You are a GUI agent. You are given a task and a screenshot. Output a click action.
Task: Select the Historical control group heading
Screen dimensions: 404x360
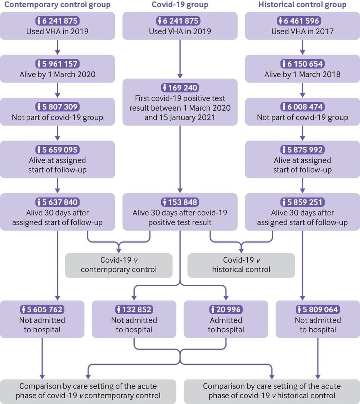pos(302,5)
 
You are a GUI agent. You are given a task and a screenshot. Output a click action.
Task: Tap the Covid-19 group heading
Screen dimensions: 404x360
pos(180,5)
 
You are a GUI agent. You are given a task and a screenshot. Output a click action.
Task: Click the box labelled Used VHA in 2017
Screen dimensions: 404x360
pos(302,26)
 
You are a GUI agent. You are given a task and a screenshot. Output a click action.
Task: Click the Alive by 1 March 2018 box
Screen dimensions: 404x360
pos(302,69)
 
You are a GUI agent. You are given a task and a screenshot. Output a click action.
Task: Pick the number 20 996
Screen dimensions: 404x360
pos(229,309)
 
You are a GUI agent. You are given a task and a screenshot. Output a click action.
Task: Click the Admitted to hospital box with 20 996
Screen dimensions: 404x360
pos(226,319)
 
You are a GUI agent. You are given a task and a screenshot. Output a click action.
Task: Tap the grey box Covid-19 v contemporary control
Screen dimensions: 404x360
pos(118,265)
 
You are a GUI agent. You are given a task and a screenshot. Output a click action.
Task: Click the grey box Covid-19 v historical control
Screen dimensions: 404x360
pos(241,265)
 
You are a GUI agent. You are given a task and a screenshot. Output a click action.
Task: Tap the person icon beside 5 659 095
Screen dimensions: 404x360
pos(39,150)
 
